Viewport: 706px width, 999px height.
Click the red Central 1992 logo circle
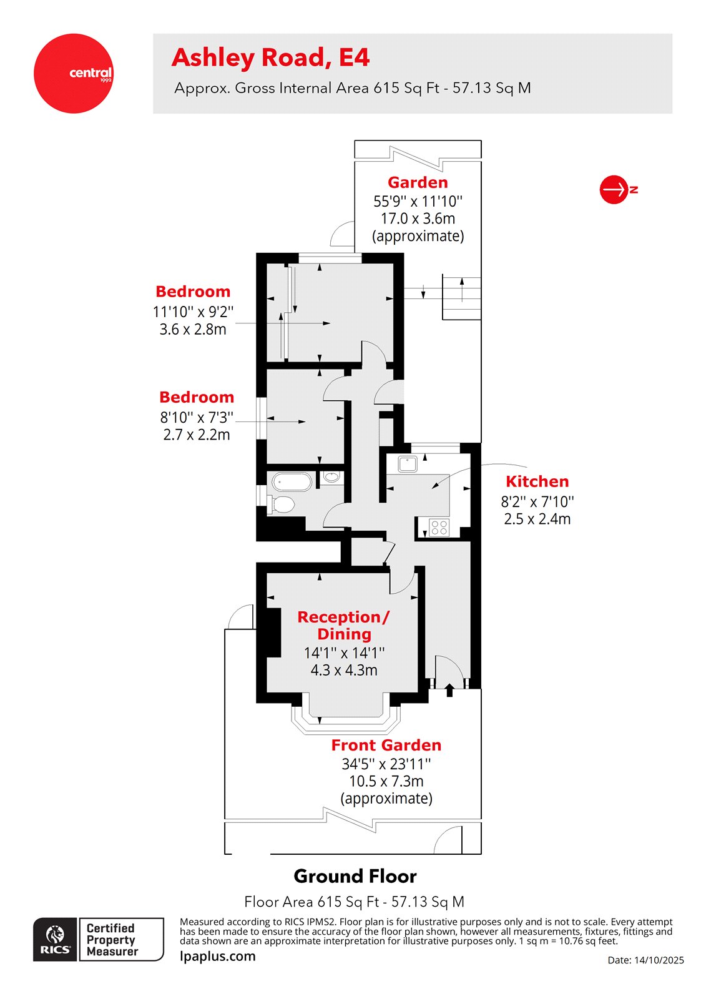pyautogui.click(x=73, y=74)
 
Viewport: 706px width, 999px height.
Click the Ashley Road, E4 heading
pyautogui.click(x=270, y=57)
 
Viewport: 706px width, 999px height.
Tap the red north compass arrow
pyautogui.click(x=614, y=189)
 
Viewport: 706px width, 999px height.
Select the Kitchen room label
pyautogui.click(x=537, y=481)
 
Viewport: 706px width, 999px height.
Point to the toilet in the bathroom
pyautogui.click(x=282, y=504)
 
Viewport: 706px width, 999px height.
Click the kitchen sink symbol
pyautogui.click(x=408, y=464)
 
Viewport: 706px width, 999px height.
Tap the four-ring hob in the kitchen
pyautogui.click(x=439, y=528)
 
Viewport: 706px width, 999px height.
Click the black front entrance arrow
pyautogui.click(x=449, y=690)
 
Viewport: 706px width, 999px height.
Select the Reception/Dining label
pyautogui.click(x=344, y=625)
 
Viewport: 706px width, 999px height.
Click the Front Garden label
pyautogui.click(x=386, y=745)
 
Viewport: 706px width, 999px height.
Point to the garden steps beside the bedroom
pyautogui.click(x=461, y=297)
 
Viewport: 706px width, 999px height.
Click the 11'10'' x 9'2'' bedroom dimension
pyautogui.click(x=193, y=312)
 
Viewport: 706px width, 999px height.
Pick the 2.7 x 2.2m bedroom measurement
pyautogui.click(x=197, y=435)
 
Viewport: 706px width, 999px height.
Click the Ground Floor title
pyautogui.click(x=355, y=876)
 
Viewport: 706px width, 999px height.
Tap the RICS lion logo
pyautogui.click(x=55, y=939)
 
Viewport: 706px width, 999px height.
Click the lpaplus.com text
pyautogui.click(x=217, y=956)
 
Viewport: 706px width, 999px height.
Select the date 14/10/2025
pyautogui.click(x=645, y=960)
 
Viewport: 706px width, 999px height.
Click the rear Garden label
pyautogui.click(x=418, y=182)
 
